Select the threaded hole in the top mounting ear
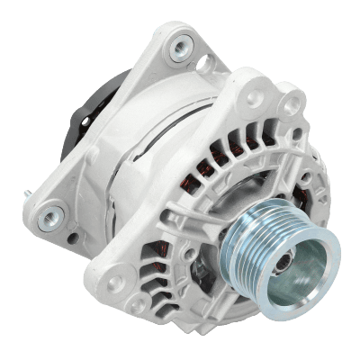(x=182, y=45)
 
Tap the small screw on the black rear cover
(x=85, y=121)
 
